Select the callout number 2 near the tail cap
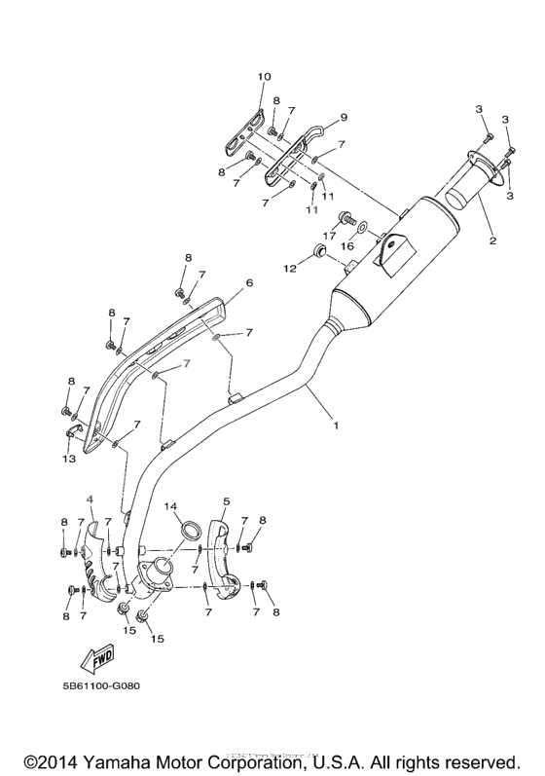(x=492, y=240)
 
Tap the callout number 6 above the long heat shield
(x=248, y=282)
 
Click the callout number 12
(x=288, y=267)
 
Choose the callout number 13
(x=67, y=458)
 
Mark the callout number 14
(x=169, y=506)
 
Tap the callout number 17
(x=329, y=235)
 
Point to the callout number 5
(x=226, y=502)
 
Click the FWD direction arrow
(x=99, y=662)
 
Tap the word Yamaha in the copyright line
(x=145, y=759)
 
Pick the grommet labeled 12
(x=316, y=255)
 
